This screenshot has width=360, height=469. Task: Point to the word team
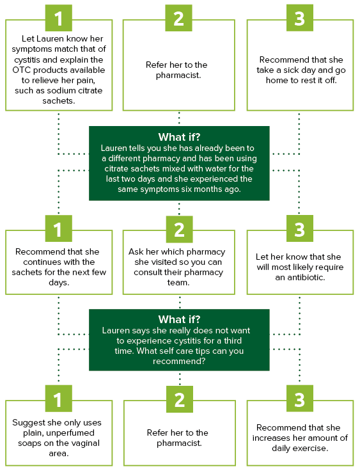[178, 282]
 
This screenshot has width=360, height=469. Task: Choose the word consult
[148, 272]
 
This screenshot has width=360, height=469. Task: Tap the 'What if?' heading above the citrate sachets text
[179, 137]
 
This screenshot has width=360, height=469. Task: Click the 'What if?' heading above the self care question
[179, 319]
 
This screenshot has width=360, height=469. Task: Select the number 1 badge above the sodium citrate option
[59, 18]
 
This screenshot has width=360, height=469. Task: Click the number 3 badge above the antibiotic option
[300, 228]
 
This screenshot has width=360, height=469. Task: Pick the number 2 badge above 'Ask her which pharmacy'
[180, 229]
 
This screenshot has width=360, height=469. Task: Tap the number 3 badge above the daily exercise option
[300, 399]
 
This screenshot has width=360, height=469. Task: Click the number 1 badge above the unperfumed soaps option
[59, 399]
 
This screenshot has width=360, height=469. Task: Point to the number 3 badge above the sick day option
[300, 18]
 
